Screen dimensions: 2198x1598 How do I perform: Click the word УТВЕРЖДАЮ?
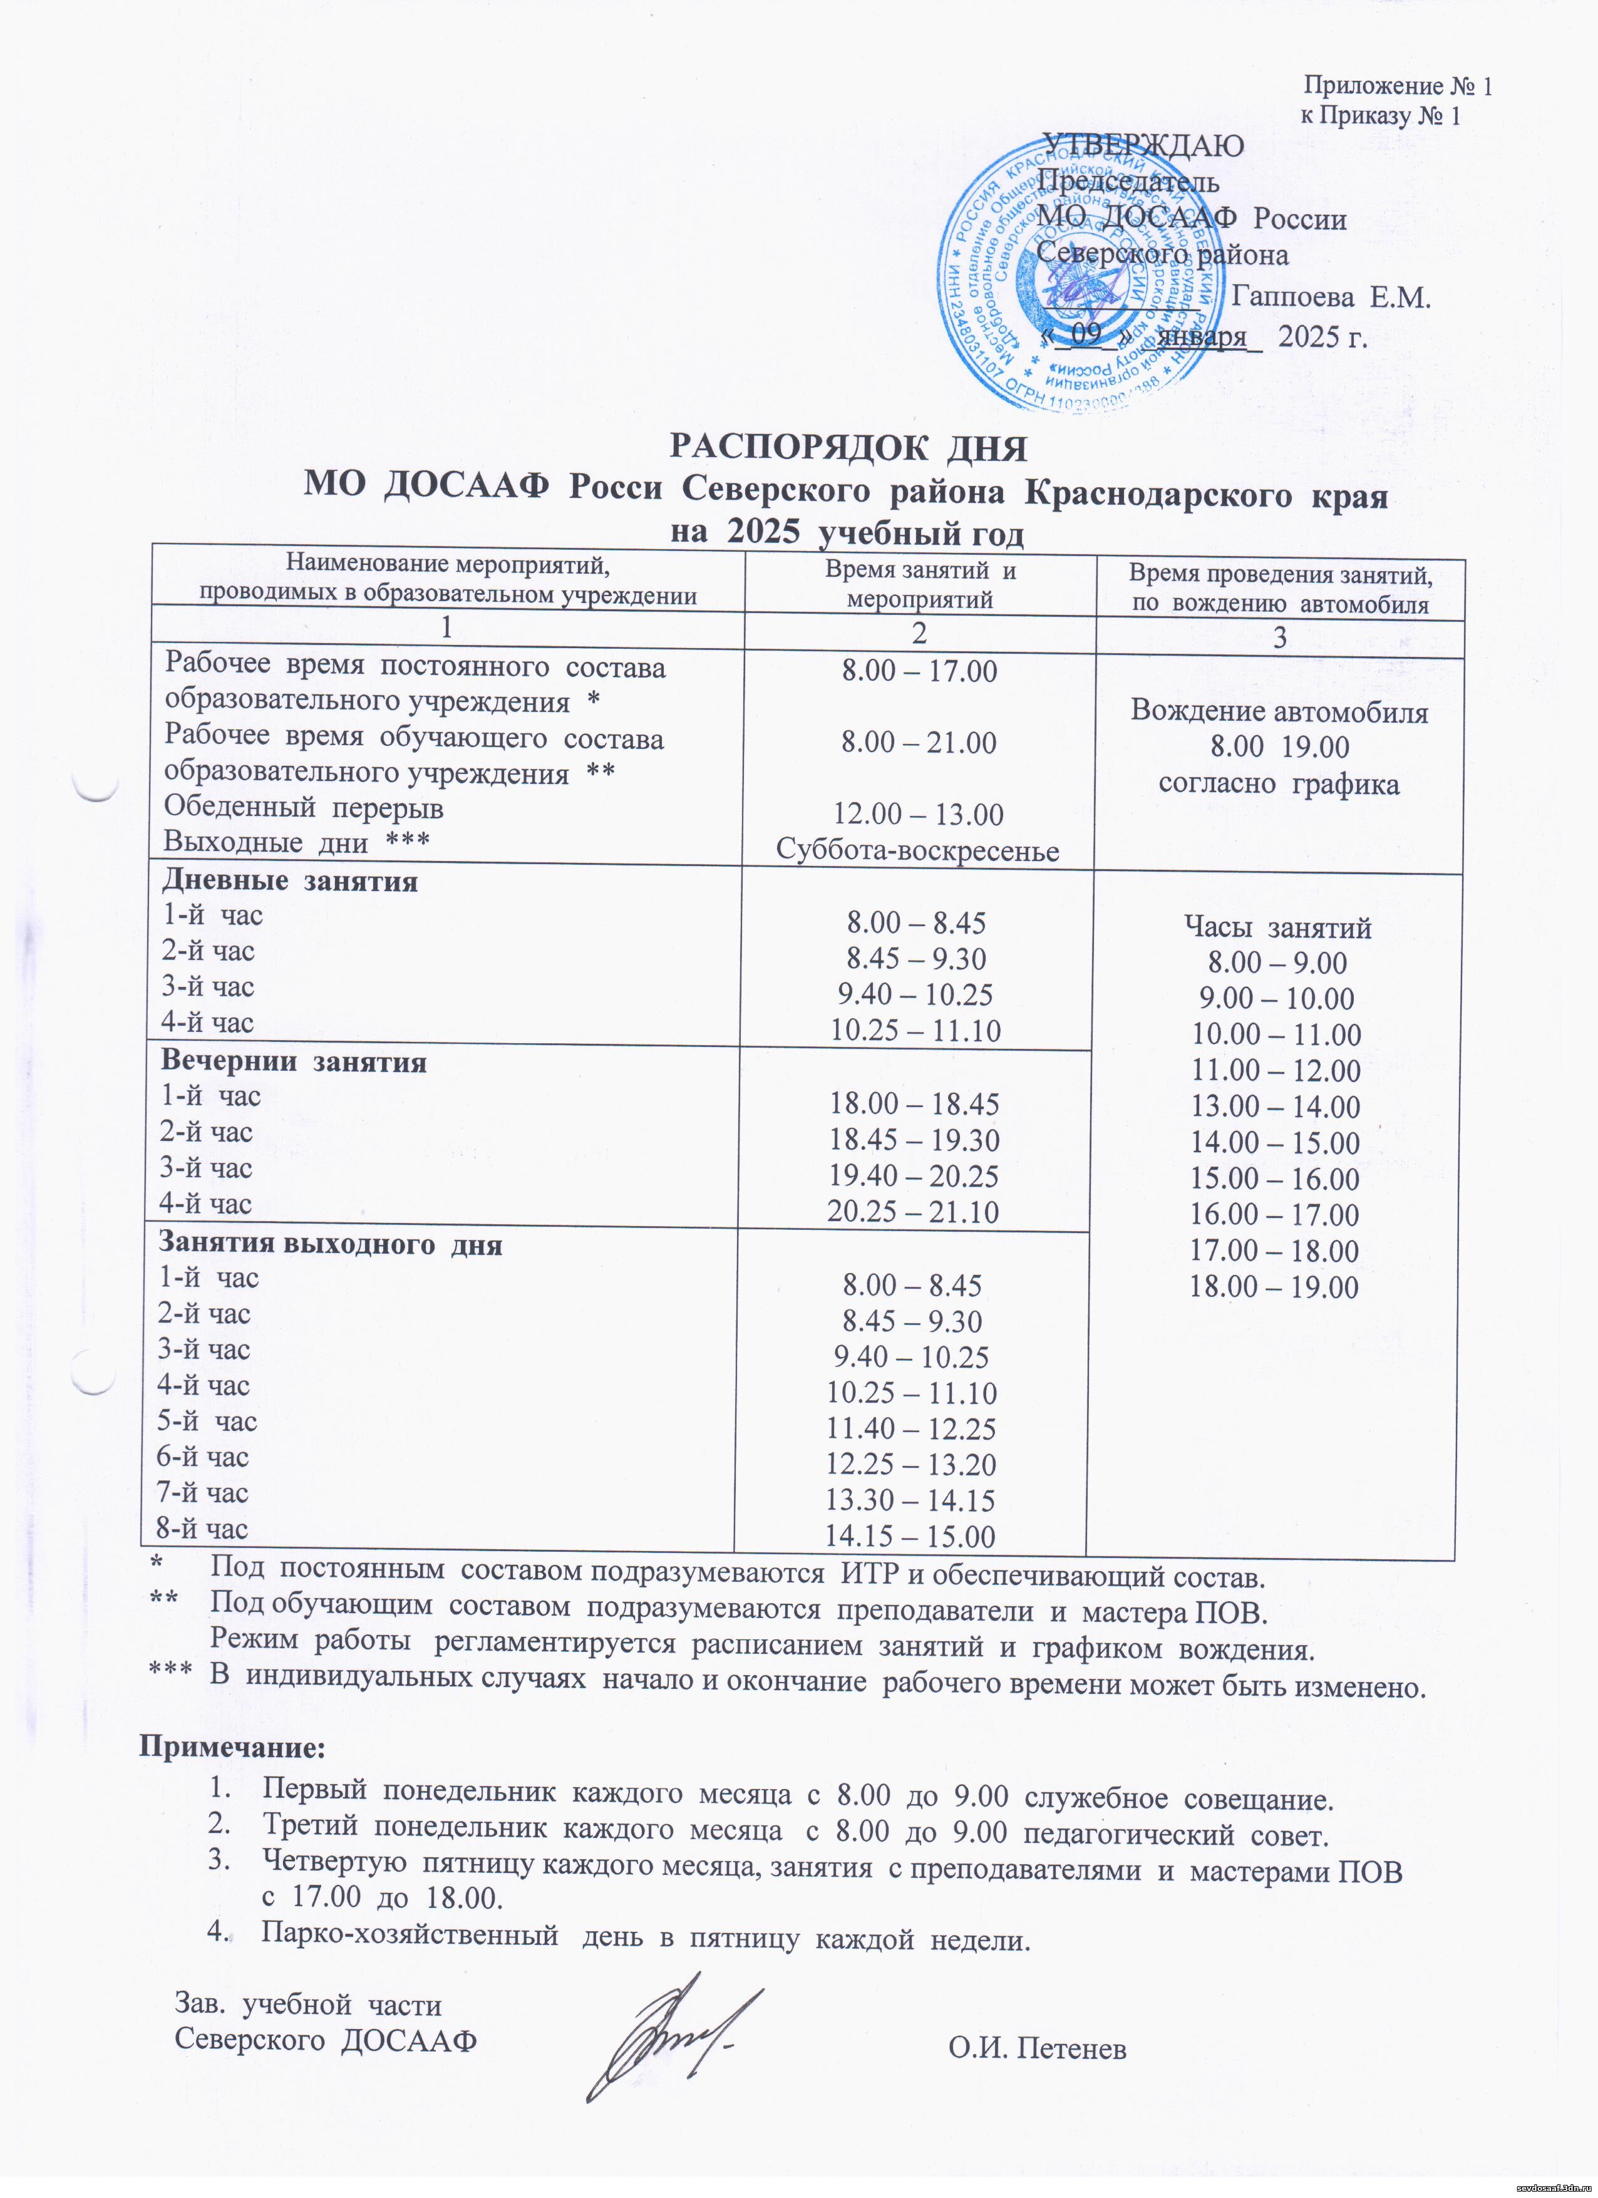click(x=1143, y=145)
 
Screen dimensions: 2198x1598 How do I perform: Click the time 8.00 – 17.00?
click(x=918, y=671)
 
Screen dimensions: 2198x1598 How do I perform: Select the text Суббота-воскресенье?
click(x=917, y=850)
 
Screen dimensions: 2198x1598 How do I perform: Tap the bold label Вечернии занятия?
click(x=292, y=1062)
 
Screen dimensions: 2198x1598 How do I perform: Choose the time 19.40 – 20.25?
click(x=913, y=1175)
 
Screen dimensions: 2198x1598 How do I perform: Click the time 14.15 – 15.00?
click(x=909, y=1536)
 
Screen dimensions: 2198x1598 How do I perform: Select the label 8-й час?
click(x=202, y=1529)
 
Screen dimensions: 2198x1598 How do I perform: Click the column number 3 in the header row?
click(x=1279, y=637)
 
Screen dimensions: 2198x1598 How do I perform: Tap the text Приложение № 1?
click(x=1396, y=86)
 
